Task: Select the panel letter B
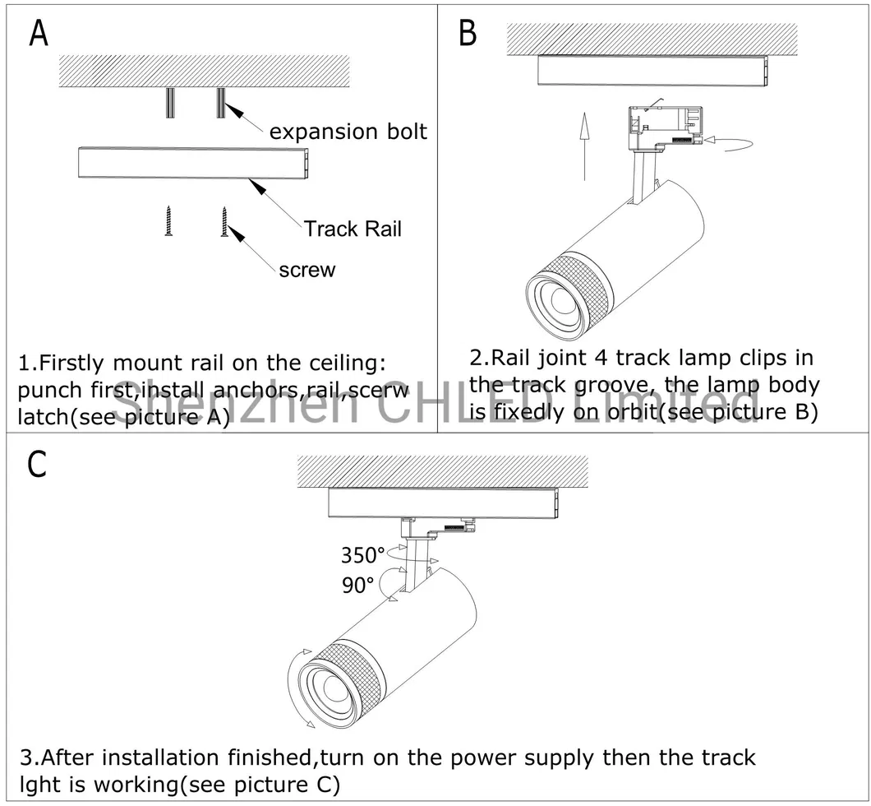tap(467, 34)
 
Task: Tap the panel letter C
tap(38, 465)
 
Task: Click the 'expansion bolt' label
tap(348, 132)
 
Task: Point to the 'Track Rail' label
tap(353, 229)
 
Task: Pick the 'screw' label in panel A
tap(306, 269)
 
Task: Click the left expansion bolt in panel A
tap(170, 103)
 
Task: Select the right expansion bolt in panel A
tap(221, 103)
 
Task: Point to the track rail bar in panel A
tap(193, 163)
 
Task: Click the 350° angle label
tap(363, 556)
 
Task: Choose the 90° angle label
tap(357, 586)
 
